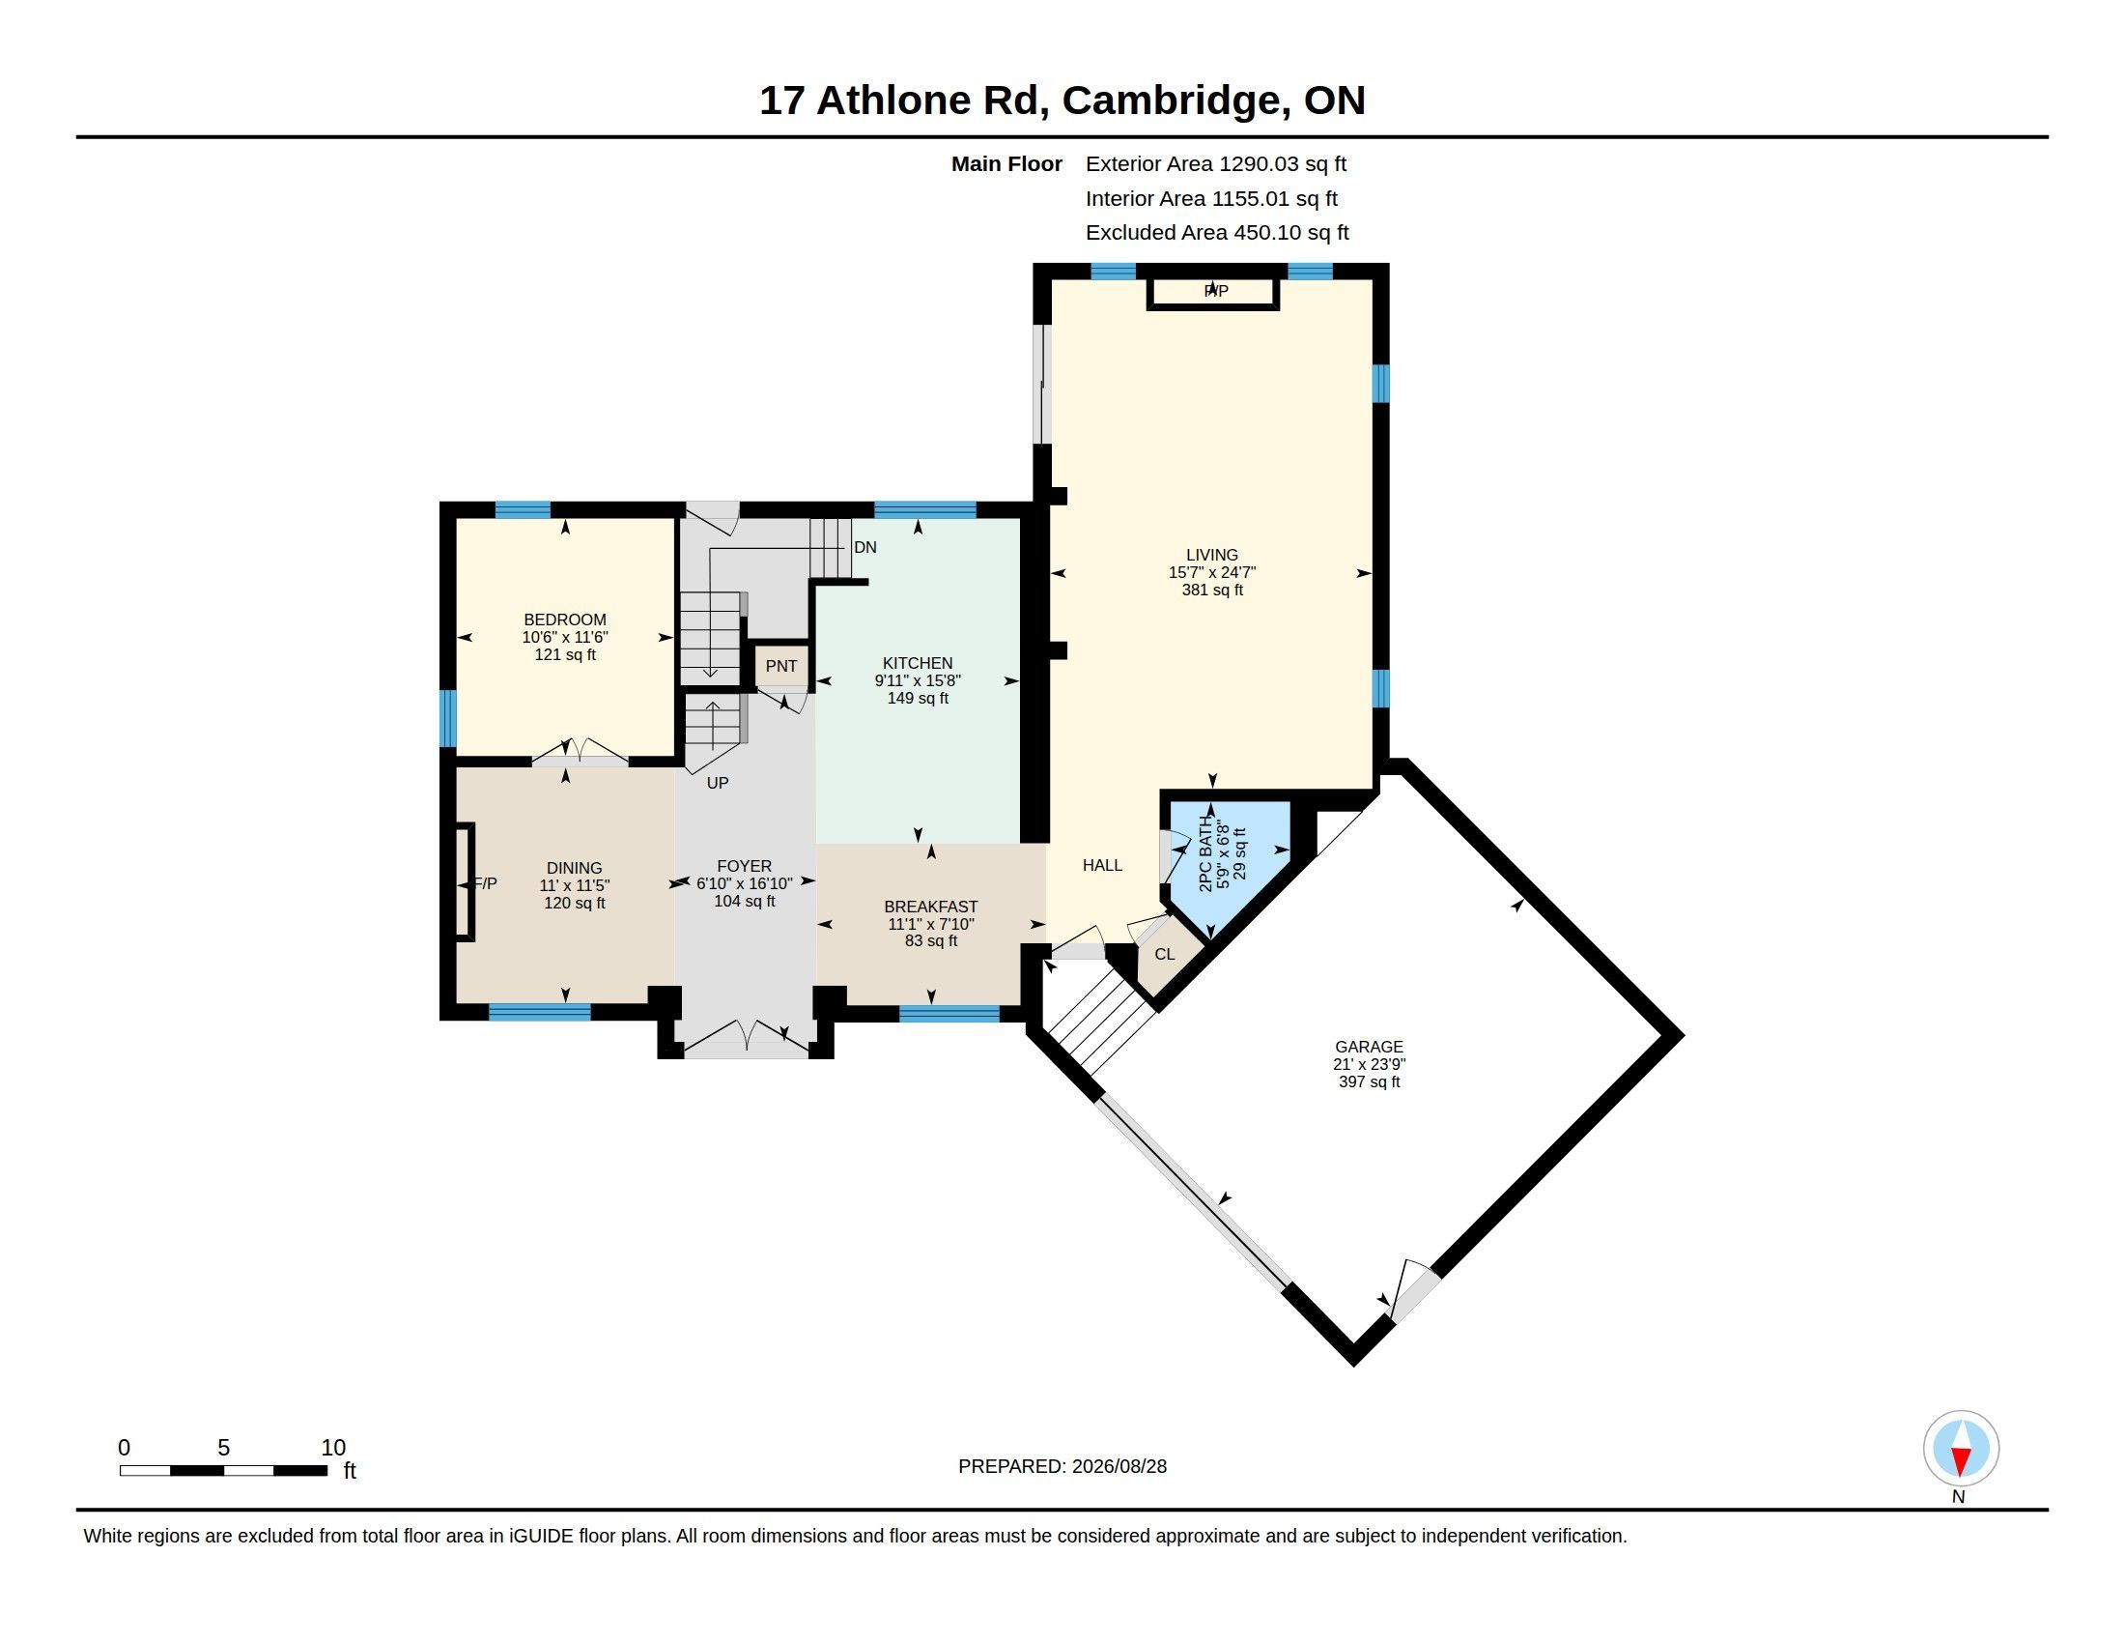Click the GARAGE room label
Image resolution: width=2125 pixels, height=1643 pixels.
click(1369, 1047)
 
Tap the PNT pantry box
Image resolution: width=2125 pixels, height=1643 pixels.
click(781, 666)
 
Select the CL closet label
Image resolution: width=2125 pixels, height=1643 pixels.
click(1165, 954)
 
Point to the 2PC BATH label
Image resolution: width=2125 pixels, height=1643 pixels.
click(1206, 853)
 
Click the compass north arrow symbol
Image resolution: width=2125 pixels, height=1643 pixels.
click(1961, 1449)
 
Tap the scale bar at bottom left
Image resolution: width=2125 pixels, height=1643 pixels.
click(224, 1470)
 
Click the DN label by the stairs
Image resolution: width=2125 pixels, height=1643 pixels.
click(865, 547)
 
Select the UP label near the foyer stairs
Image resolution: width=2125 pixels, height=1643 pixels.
click(717, 783)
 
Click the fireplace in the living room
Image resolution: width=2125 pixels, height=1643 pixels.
click(1212, 292)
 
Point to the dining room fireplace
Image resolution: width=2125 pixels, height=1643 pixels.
click(466, 881)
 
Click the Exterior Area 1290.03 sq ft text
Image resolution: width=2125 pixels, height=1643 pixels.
click(1216, 163)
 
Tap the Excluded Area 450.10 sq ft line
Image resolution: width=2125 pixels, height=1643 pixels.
click(1217, 233)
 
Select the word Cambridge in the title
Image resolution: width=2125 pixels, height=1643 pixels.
click(1171, 101)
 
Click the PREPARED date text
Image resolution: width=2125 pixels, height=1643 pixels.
click(1062, 1466)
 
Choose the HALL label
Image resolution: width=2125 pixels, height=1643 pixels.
click(1102, 865)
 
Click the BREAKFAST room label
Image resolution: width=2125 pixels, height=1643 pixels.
click(931, 907)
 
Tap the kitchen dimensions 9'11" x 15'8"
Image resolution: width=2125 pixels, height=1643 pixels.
click(918, 680)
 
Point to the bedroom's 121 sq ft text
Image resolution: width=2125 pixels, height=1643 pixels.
click(565, 655)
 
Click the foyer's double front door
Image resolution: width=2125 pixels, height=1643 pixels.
click(747, 1038)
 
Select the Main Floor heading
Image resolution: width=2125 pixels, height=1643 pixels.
click(1007, 163)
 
